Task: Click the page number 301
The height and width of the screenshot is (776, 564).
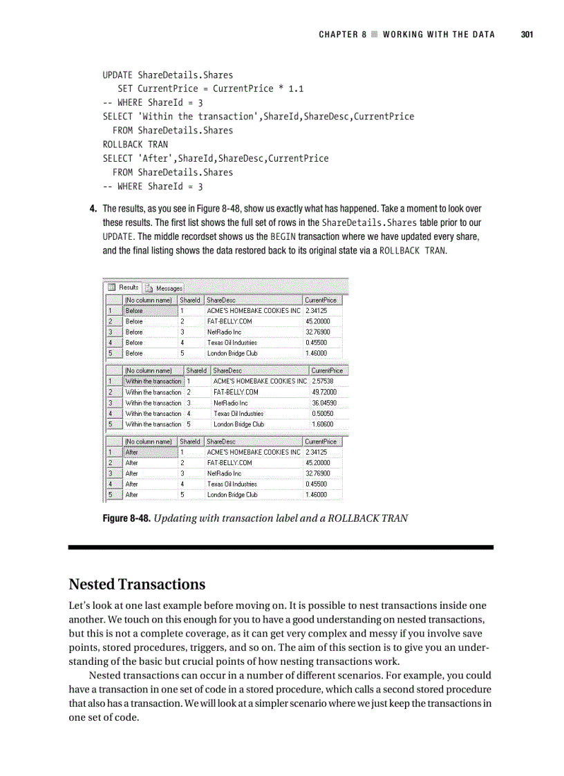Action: [x=526, y=35]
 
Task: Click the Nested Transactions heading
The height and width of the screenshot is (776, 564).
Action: [x=137, y=584]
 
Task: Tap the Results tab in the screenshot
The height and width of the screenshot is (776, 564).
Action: [x=124, y=287]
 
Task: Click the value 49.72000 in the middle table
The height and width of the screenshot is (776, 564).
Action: [x=323, y=392]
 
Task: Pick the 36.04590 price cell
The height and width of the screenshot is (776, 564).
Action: [x=323, y=403]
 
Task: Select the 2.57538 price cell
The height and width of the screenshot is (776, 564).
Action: [x=323, y=381]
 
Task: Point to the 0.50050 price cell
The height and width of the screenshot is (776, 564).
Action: [x=323, y=413]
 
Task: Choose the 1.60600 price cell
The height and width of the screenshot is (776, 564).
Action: [x=323, y=424]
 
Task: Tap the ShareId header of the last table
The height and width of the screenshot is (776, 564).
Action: [x=190, y=441]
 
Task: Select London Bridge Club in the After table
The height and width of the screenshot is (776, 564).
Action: [x=232, y=495]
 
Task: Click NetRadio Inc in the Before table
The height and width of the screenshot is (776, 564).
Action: [x=224, y=332]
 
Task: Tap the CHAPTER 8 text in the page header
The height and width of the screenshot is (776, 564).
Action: [x=343, y=35]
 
